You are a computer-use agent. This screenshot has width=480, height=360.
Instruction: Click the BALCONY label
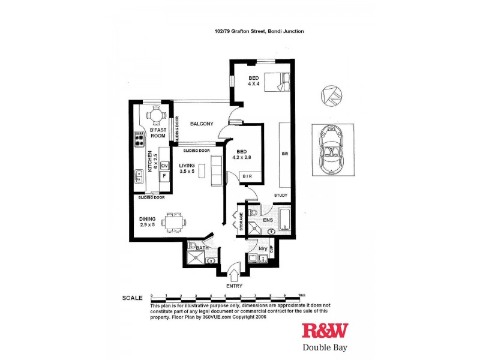(x=202, y=124)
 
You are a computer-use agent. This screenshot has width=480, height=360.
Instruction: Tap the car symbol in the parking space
(x=329, y=151)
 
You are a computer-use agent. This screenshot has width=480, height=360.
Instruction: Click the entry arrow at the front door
(x=235, y=275)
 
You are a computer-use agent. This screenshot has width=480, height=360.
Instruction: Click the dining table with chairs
(x=175, y=221)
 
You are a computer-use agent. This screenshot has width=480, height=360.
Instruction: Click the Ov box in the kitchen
(x=163, y=166)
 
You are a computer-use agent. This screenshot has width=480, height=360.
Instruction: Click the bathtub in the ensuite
(x=285, y=220)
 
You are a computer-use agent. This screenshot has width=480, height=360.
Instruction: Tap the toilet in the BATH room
(x=191, y=245)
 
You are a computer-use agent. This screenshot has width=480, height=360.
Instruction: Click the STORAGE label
(x=241, y=221)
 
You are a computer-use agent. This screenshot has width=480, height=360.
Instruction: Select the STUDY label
(x=281, y=195)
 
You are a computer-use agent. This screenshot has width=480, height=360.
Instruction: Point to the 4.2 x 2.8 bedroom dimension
(x=243, y=158)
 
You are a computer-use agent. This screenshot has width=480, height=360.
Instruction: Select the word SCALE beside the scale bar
(x=132, y=298)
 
